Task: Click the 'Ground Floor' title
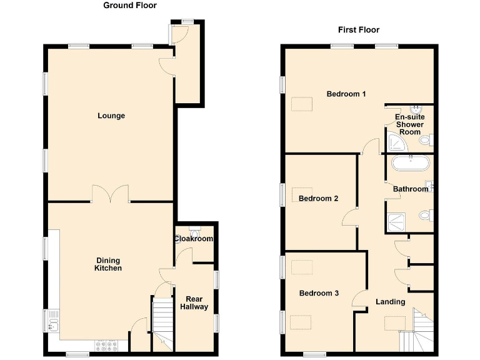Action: tap(130, 6)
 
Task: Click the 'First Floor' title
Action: tap(359, 30)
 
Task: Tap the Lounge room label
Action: tap(111, 116)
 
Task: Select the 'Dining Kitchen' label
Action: tap(107, 264)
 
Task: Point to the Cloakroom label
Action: tap(194, 239)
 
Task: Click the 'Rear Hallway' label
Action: tap(194, 302)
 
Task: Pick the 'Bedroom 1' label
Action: tap(346, 94)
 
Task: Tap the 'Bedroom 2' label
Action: tap(318, 199)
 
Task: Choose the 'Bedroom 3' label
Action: tap(318, 293)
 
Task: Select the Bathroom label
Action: tap(411, 189)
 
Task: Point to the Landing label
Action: tap(390, 302)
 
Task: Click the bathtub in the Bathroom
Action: tap(410, 164)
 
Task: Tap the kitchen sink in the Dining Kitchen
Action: tap(52, 322)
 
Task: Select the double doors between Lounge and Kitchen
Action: tap(111, 194)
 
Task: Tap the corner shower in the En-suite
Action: tap(396, 145)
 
